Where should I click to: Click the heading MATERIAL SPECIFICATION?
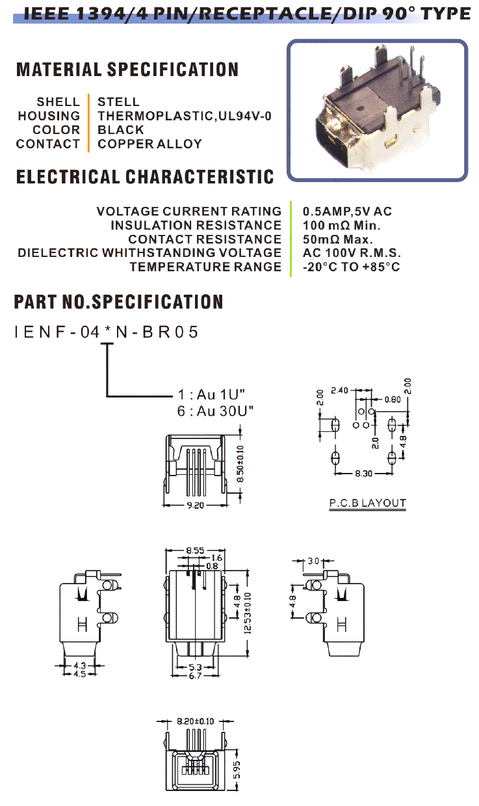click(x=127, y=70)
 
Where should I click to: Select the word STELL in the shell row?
click(x=118, y=102)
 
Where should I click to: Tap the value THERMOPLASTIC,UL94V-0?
click(x=185, y=116)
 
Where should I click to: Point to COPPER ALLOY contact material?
click(x=149, y=144)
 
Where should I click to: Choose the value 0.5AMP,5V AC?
click(x=348, y=211)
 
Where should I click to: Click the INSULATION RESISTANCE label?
click(x=196, y=225)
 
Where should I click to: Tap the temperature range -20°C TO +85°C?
click(x=352, y=267)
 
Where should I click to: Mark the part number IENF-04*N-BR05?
click(x=106, y=332)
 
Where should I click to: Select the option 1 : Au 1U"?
click(x=215, y=394)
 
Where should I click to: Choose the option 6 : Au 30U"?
click(x=215, y=410)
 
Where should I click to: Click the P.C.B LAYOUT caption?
click(x=367, y=503)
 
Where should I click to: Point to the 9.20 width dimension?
click(x=195, y=505)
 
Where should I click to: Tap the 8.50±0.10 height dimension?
click(x=240, y=463)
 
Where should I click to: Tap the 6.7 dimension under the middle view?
click(x=195, y=676)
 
